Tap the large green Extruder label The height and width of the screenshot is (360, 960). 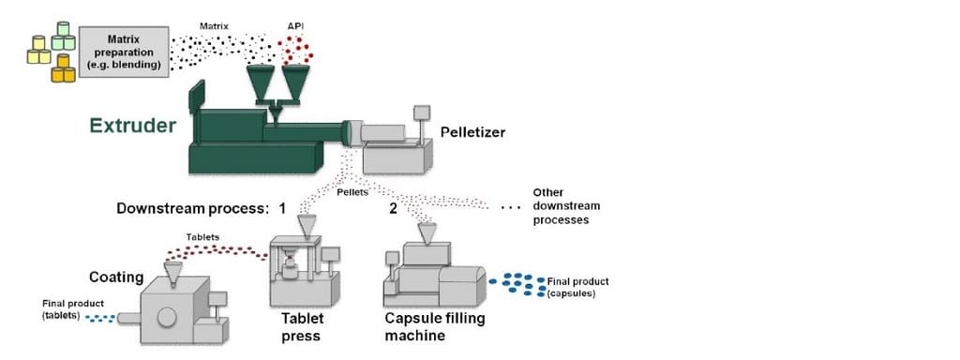(x=132, y=125)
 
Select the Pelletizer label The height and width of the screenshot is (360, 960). (x=472, y=132)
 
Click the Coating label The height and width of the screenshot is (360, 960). (x=116, y=277)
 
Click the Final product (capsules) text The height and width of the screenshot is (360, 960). (x=577, y=287)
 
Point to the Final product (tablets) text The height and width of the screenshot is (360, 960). (x=73, y=309)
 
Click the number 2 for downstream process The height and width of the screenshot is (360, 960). (x=393, y=207)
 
